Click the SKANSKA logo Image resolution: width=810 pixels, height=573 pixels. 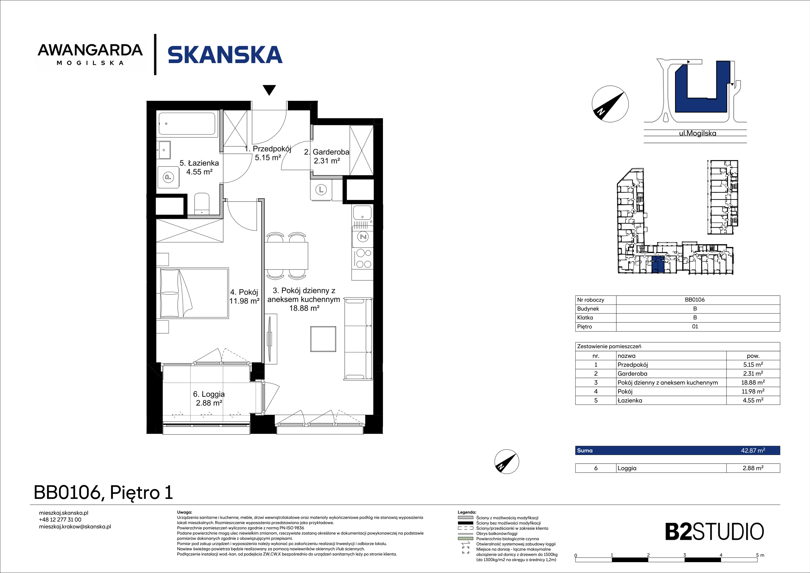(x=225, y=55)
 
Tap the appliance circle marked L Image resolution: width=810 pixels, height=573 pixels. (x=321, y=190)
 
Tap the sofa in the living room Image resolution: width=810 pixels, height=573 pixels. (x=358, y=339)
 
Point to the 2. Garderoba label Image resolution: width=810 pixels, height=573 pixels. (x=327, y=156)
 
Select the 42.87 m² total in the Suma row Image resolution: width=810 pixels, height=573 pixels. (x=753, y=450)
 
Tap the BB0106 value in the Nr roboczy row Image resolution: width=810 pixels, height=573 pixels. (x=695, y=300)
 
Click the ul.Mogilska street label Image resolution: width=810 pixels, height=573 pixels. (x=697, y=133)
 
